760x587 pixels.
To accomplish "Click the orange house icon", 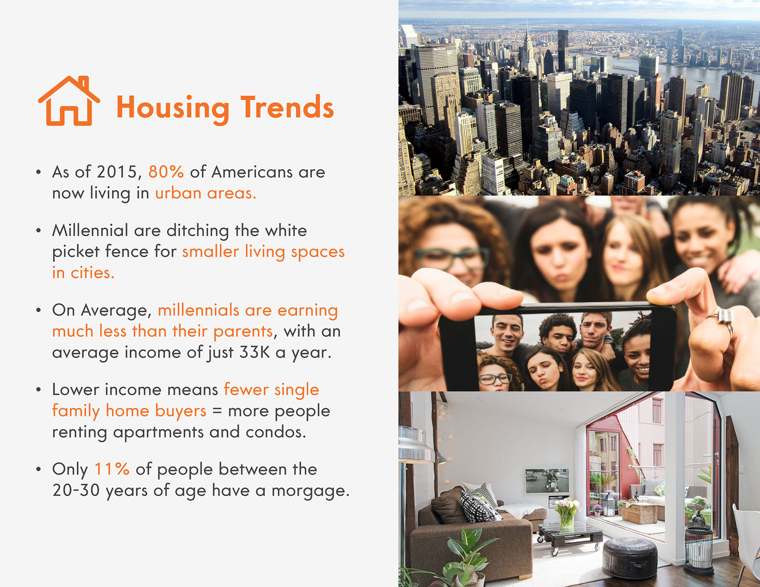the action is (69, 101).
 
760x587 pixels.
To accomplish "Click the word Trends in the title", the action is (287, 107).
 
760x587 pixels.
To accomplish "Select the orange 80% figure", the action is (166, 172).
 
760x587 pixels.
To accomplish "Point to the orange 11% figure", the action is (112, 469).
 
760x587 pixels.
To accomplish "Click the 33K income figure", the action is (255, 352).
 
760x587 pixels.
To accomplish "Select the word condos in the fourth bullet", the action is (276, 432).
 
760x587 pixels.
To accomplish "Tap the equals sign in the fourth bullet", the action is (217, 411).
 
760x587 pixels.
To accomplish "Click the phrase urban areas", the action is (205, 193).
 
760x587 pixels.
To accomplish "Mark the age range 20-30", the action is (76, 490).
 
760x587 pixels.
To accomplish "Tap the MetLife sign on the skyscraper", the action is (439, 49).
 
